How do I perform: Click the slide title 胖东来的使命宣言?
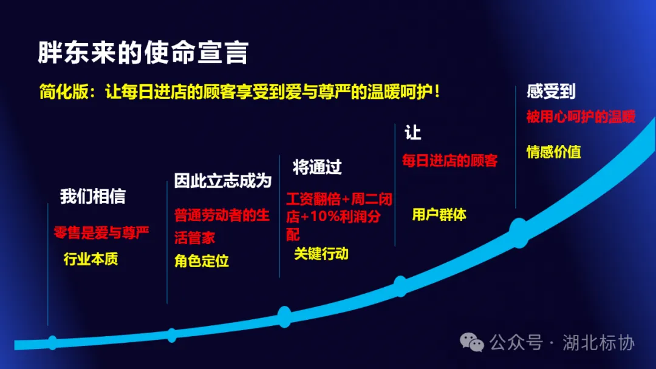tap(143, 53)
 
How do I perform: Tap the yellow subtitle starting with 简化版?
tap(239, 92)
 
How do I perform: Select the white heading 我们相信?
tap(93, 196)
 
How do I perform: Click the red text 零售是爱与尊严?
tap(101, 232)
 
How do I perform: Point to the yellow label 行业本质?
tap(91, 259)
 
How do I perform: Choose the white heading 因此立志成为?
tap(222, 181)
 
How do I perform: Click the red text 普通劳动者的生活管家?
tap(222, 226)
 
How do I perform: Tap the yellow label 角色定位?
tap(202, 261)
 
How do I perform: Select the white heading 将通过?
tap(317, 167)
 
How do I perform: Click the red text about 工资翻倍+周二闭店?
tap(339, 217)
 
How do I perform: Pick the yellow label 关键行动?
tap(321, 254)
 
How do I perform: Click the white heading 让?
tap(413, 132)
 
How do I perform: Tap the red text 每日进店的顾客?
tap(449, 161)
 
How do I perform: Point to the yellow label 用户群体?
tap(439, 214)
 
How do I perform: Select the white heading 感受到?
tap(551, 92)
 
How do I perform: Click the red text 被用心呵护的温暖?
tap(581, 117)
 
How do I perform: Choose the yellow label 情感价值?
tap(553, 152)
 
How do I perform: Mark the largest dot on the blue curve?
tap(519, 232)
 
